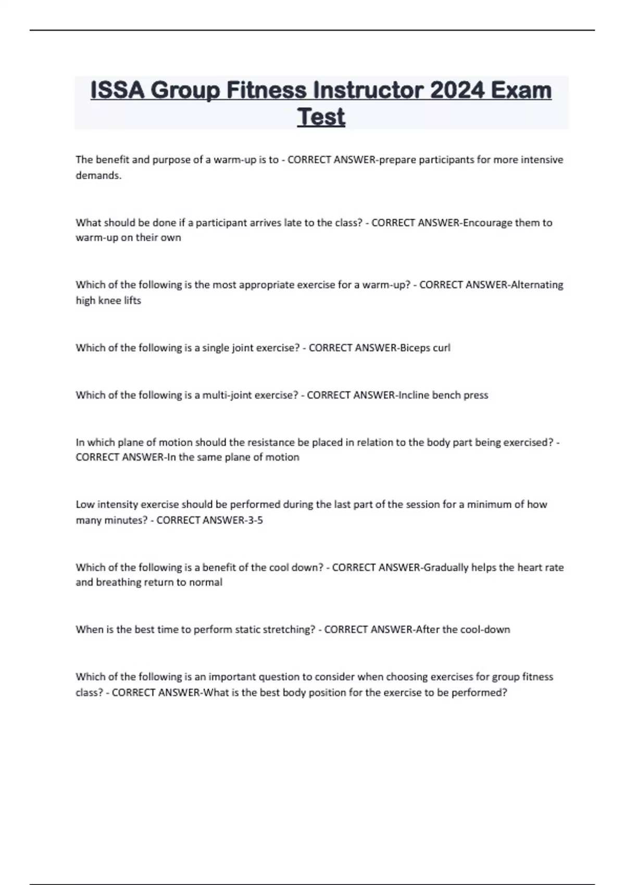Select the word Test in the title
pyautogui.click(x=321, y=117)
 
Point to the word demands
pyautogui.click(x=98, y=175)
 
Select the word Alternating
pyautogui.click(x=537, y=285)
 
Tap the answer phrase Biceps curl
pyautogui.click(x=424, y=348)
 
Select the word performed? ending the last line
pyautogui.click(x=480, y=693)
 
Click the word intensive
pyautogui.click(x=542, y=160)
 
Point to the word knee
pyautogui.click(x=110, y=300)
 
